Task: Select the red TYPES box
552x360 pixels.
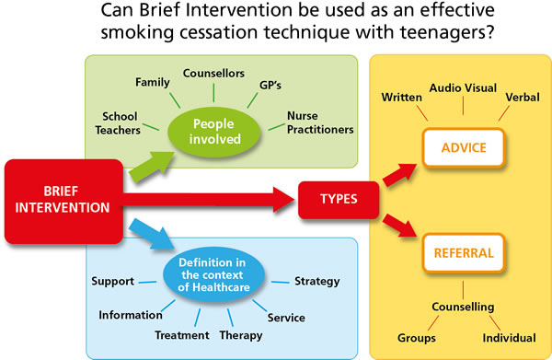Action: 339,198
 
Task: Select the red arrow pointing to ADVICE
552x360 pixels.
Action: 397,172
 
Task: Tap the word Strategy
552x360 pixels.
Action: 316,281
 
